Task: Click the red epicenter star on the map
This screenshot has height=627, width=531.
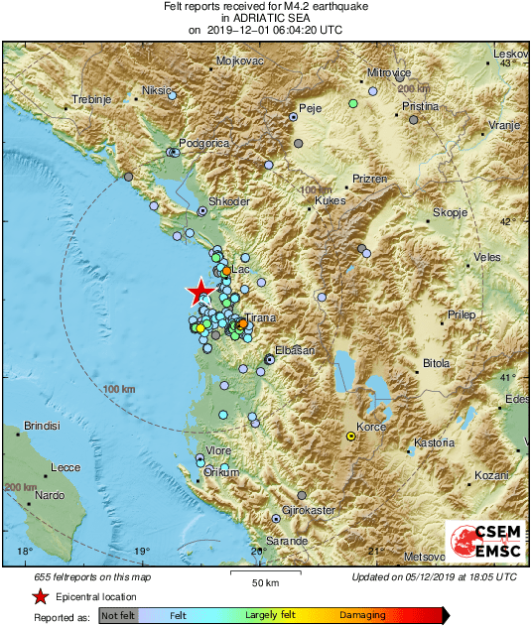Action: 199,291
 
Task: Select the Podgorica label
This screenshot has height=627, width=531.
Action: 202,143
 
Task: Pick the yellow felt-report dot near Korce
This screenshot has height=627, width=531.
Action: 350,436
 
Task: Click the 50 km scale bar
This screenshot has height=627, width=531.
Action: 263,573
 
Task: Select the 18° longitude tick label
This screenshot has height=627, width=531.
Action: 25,552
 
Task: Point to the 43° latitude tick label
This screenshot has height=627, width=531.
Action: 504,63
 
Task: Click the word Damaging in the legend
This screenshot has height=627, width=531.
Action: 362,615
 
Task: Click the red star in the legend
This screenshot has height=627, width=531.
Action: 40,597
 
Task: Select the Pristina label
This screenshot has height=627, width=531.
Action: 419,105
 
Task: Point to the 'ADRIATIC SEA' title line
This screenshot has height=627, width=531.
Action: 265,18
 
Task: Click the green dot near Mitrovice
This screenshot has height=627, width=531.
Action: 353,103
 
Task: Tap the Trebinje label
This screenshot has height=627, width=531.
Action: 91,99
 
